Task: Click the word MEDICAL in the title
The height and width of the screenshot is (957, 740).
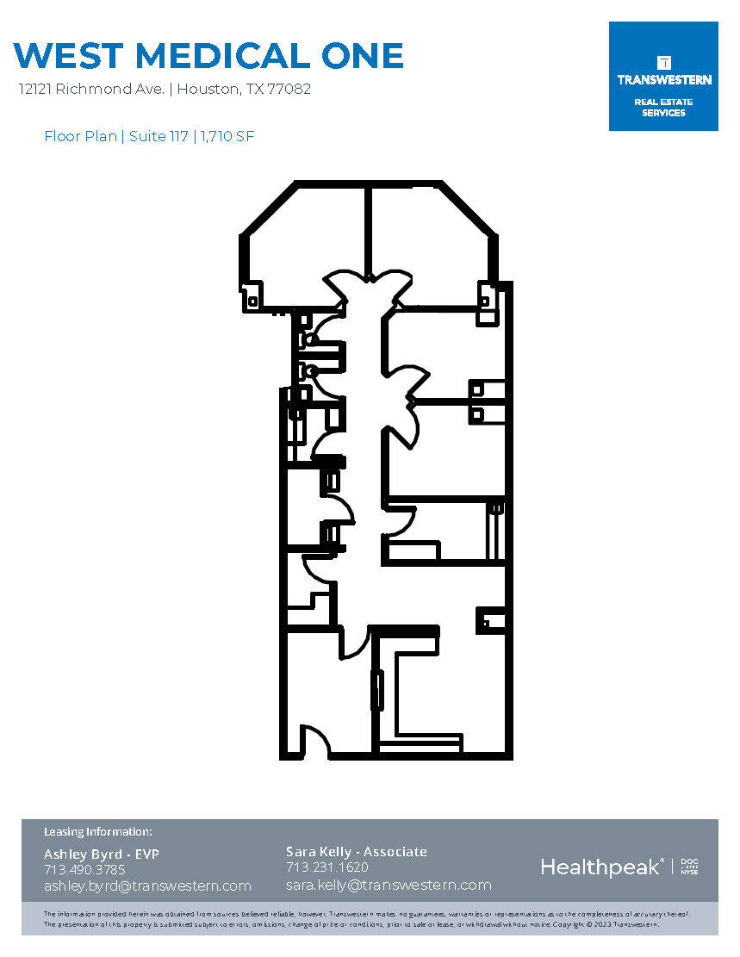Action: pos(219,56)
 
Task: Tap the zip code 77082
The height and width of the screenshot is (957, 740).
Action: pos(289,89)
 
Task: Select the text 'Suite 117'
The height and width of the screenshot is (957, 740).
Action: pos(159,136)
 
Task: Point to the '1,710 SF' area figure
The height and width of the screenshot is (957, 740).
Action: pos(227,136)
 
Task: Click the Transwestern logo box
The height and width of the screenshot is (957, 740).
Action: pos(663,77)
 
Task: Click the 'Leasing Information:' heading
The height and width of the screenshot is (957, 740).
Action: pos(97,831)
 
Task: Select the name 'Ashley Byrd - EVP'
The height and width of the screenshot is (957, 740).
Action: pos(102,854)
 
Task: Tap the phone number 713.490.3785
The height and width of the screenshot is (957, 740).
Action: pos(84,869)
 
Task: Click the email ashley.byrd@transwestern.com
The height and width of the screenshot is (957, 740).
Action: pos(147,886)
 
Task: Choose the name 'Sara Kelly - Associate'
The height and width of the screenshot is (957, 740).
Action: pos(357,851)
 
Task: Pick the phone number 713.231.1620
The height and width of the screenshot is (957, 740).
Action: pos(327,867)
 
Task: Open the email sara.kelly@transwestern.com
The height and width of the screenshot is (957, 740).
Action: pos(389,885)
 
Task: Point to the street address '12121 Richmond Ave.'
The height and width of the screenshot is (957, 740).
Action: pos(92,89)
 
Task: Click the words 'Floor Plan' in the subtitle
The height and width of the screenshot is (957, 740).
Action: pos(80,136)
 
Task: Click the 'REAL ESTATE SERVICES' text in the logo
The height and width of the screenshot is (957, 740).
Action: pos(663,107)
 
